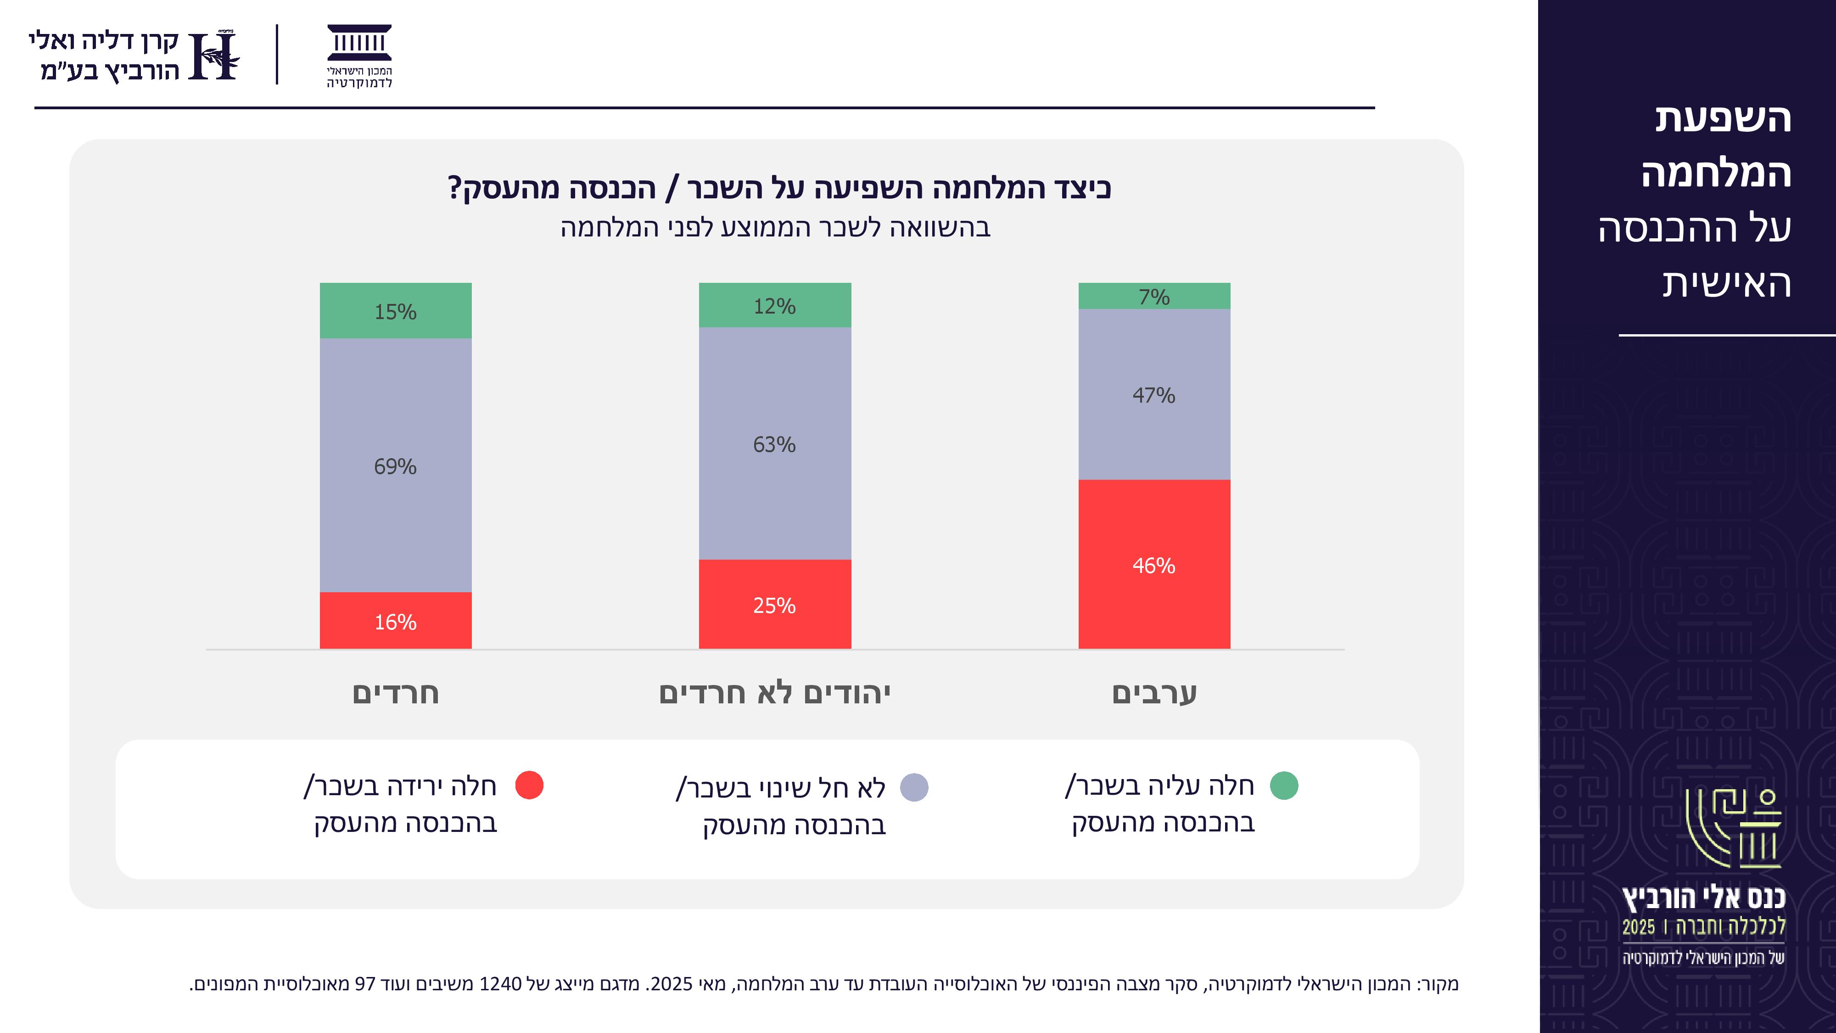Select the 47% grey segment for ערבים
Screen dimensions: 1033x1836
[1154, 394]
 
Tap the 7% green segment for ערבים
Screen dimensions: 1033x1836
[1154, 296]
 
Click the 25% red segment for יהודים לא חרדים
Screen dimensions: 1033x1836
[775, 604]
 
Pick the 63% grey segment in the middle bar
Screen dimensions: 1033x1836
[775, 444]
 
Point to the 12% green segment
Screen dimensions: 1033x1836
[775, 305]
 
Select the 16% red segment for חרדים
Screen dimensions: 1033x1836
[396, 620]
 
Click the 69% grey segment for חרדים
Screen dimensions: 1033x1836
[396, 466]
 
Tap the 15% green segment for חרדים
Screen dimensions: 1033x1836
[396, 311]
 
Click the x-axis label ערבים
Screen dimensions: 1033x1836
[1154, 693]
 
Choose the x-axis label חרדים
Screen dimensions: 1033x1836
[396, 693]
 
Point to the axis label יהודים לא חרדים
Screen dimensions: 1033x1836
[775, 693]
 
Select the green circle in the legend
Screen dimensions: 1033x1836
[1284, 785]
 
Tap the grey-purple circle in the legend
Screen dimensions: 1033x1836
[914, 787]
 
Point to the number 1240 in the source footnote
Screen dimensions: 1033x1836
[500, 984]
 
